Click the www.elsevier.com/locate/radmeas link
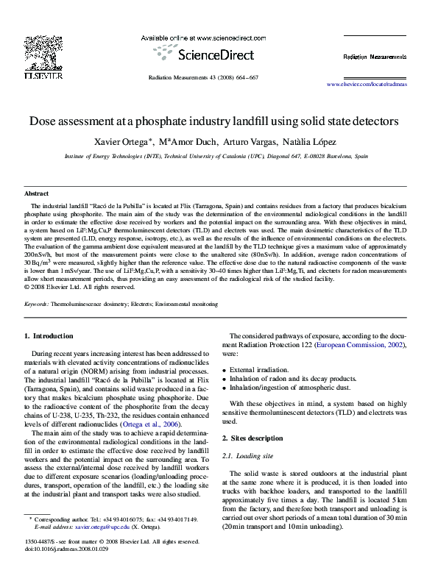pyautogui.click(x=366, y=85)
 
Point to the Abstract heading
pyautogui.click(x=37, y=193)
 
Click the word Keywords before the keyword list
pyautogui.click(x=36, y=303)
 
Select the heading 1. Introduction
pyautogui.click(x=49, y=336)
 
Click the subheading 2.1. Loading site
pyautogui.click(x=252, y=455)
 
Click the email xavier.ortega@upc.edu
pyautogui.click(x=97, y=548)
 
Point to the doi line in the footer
pyautogui.click(x=66, y=569)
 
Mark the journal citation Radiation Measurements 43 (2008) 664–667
pyautogui.click(x=203, y=77)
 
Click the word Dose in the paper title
pyautogui.click(x=43, y=120)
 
